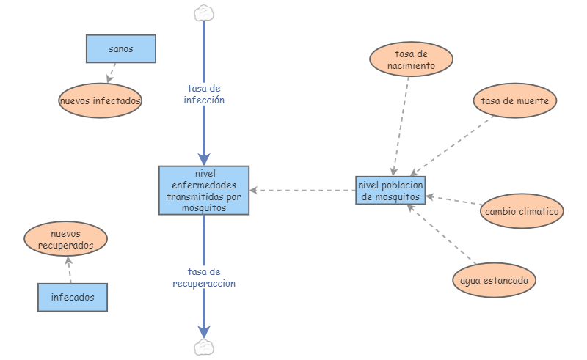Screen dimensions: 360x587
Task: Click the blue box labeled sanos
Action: [x=120, y=48]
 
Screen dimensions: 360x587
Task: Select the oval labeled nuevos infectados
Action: [x=100, y=100]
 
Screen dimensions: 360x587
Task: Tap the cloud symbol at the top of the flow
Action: [x=204, y=12]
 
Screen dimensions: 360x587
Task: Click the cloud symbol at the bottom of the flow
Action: [x=204, y=346]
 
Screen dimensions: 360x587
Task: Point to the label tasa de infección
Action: [x=204, y=94]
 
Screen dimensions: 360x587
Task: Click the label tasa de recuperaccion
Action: [x=204, y=277]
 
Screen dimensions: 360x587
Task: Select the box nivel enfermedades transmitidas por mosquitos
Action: [x=204, y=190]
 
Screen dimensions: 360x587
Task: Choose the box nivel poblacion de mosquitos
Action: [x=390, y=191]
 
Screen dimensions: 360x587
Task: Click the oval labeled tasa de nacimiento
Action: [x=411, y=59]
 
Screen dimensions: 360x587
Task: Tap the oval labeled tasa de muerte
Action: [x=514, y=100]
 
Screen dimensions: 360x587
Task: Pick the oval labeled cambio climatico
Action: [x=522, y=212]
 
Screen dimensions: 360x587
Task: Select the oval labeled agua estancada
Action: [x=494, y=280]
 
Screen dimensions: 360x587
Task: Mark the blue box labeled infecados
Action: [x=72, y=298]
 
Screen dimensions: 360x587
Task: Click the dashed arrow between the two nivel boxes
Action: [x=301, y=191]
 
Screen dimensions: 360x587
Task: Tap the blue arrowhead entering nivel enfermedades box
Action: [x=204, y=158]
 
